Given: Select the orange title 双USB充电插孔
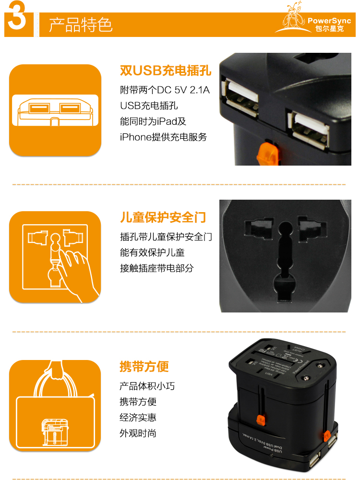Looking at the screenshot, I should pos(165,72).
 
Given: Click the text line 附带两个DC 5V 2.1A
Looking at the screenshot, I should pos(165,90).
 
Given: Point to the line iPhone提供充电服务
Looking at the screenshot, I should pos(163,137).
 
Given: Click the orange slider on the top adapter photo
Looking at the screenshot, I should pos(265,153).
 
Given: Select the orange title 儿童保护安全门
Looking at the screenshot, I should pos(163,217).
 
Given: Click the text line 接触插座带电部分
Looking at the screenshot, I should pos(156,268).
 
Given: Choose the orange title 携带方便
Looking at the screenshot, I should pos(144,367).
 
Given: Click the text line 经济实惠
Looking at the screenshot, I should pos(138,417).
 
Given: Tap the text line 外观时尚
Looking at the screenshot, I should pos(138,433).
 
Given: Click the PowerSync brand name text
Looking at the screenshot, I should pos(329,21).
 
